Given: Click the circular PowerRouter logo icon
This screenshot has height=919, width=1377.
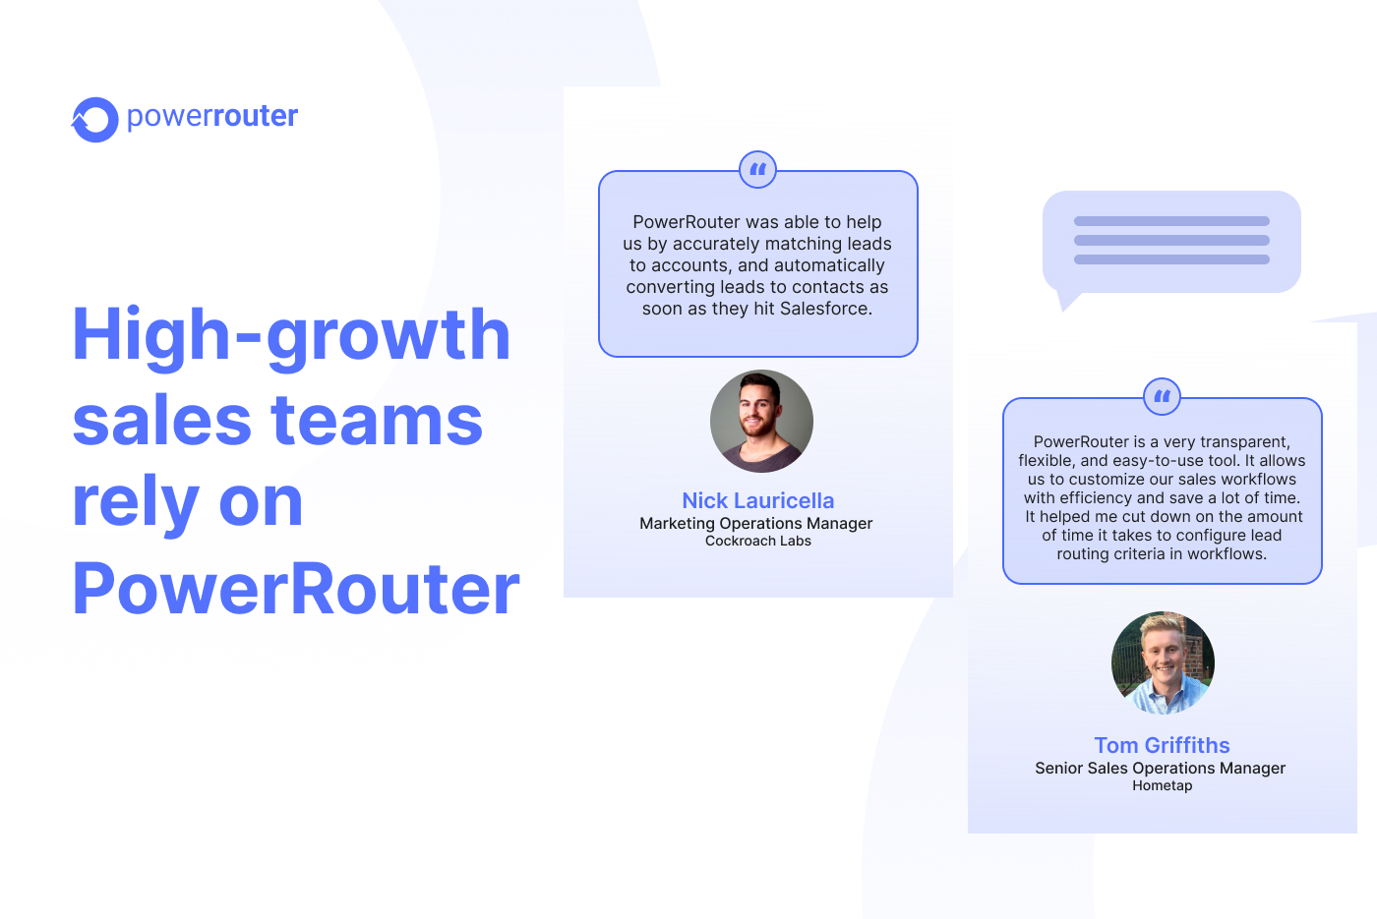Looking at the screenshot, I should point(95,120).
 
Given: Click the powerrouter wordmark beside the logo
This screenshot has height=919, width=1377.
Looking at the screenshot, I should point(212,116).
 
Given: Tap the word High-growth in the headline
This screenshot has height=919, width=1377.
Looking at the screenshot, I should point(291,335).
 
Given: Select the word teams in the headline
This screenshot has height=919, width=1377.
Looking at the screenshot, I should point(377,421).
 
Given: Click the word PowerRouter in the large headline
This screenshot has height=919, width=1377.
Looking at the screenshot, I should point(295,589).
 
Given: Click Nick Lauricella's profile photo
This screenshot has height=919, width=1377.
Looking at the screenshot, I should point(761,421).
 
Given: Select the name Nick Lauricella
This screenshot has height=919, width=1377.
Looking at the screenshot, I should point(757,500).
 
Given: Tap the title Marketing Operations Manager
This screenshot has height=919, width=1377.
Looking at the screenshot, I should point(755,523).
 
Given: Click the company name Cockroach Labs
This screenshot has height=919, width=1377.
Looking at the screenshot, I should point(757,541).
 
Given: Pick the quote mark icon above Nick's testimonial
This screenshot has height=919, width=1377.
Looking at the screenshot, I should point(757,170).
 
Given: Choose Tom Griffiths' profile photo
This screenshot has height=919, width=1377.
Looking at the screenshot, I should point(1163,662).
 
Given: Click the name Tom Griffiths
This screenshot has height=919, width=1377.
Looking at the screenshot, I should point(1162,745).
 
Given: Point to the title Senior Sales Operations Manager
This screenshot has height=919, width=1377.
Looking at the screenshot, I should point(1160,768).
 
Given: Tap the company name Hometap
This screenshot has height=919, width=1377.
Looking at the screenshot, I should point(1162,785).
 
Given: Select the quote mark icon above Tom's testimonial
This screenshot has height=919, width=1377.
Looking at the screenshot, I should point(1162,397).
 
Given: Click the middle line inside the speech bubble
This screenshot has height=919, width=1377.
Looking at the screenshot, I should point(1171,240).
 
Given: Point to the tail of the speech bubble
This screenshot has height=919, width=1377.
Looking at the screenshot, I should point(1065,301).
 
